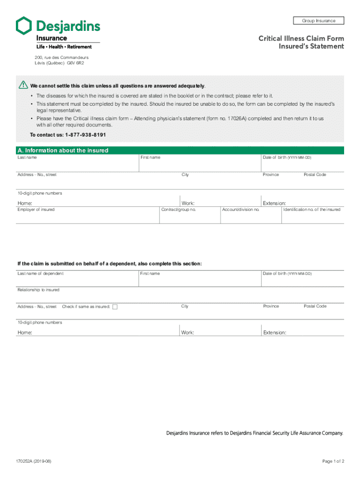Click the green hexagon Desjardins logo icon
pyautogui.click(x=24, y=26)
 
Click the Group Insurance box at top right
pyautogui.click(x=318, y=21)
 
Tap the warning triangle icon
pyautogui.click(x=23, y=85)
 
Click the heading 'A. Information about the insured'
pyautogui.click(x=63, y=151)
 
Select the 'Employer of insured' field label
pyautogui.click(x=36, y=210)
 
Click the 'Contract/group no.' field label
pyautogui.click(x=178, y=210)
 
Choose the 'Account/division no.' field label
pyautogui.click(x=241, y=210)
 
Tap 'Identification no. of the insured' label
pyautogui.click(x=312, y=210)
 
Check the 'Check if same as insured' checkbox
pyautogui.click(x=115, y=307)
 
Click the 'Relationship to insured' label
pyautogui.click(x=38, y=290)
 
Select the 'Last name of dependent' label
pyautogui.click(x=40, y=273)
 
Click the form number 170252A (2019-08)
pyautogui.click(x=35, y=461)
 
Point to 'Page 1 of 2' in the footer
pyautogui.click(x=333, y=461)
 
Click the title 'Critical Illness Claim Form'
pyautogui.click(x=301, y=38)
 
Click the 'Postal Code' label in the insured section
pyautogui.click(x=315, y=174)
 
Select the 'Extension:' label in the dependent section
pyautogui.click(x=274, y=333)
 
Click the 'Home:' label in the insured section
pyautogui.click(x=25, y=203)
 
